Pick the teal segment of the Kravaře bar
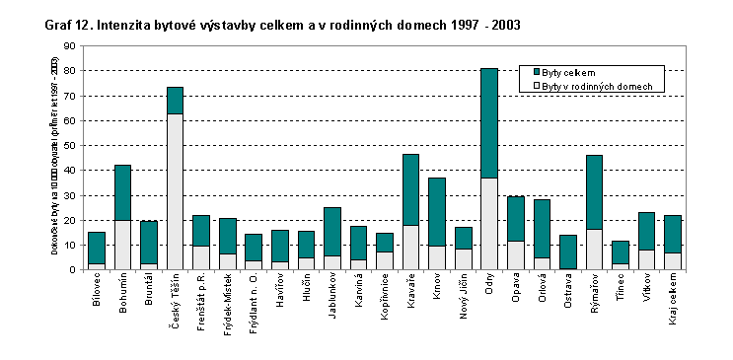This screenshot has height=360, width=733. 411,189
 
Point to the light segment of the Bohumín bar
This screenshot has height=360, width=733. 122,245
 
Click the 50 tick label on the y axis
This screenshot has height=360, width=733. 68,145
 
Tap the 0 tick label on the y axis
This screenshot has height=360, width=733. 71,269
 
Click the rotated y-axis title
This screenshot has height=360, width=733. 39,158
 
